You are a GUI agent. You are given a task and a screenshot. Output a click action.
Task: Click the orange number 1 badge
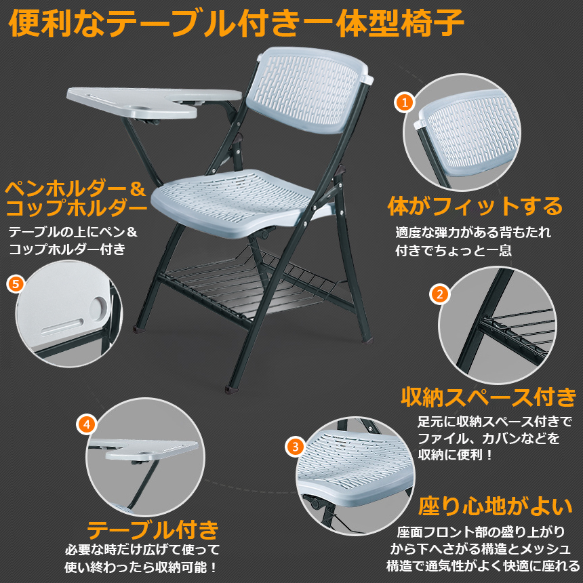click(405, 102)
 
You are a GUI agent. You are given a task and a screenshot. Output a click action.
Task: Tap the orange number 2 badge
click(440, 294)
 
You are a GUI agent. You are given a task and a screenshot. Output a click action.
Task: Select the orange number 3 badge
click(296, 446)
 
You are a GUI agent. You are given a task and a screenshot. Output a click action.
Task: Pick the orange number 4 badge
click(87, 424)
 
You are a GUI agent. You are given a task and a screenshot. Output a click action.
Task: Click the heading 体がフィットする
click(475, 206)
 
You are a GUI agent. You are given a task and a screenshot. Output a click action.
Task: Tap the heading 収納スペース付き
click(489, 397)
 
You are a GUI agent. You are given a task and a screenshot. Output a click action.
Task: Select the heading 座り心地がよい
click(495, 506)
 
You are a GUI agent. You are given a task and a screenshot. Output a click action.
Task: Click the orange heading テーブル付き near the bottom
click(153, 529)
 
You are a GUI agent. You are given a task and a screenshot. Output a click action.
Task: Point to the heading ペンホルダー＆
click(75, 188)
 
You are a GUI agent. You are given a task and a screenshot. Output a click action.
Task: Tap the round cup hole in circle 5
click(98, 308)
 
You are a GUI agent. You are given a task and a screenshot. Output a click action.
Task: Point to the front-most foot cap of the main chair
click(231, 390)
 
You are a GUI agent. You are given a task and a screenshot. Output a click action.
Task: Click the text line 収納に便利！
click(455, 455)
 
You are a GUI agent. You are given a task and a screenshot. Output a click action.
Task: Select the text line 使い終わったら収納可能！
click(141, 567)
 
